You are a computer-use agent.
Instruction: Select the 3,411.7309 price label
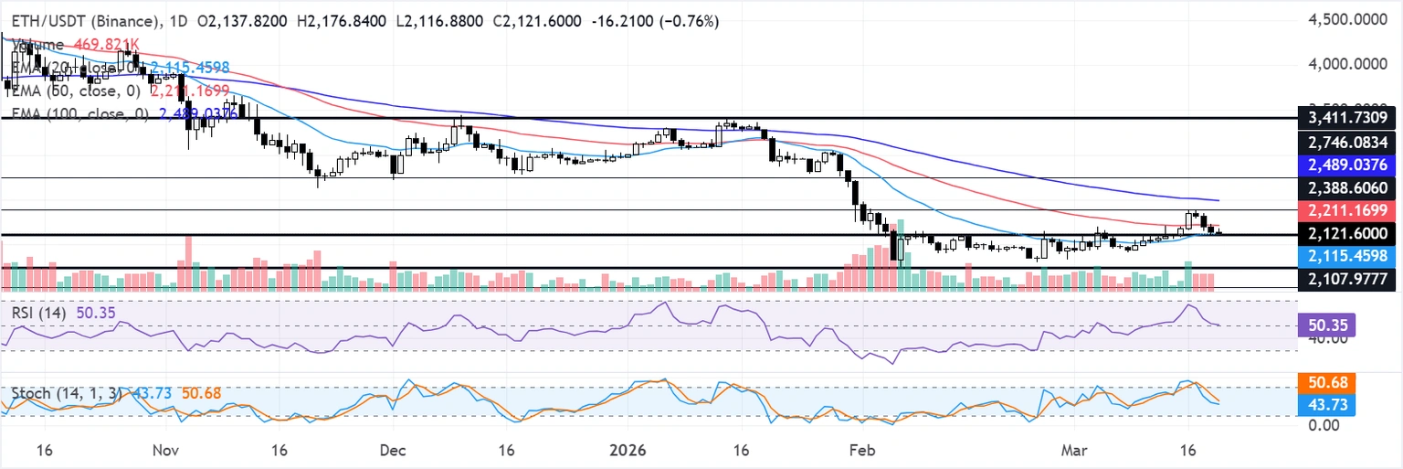[1347, 118]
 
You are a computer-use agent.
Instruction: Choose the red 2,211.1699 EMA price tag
[1347, 209]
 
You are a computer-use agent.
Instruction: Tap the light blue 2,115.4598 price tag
[1347, 256]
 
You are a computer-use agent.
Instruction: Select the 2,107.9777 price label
[1347, 279]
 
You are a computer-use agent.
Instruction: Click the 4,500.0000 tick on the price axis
[1347, 19]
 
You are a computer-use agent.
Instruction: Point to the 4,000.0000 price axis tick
[1347, 65]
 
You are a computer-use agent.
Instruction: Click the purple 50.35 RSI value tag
[1326, 325]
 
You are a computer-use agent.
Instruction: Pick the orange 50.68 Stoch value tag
[1326, 382]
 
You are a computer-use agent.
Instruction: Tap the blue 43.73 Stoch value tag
[1326, 404]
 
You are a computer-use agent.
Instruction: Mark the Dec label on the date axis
[393, 451]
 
